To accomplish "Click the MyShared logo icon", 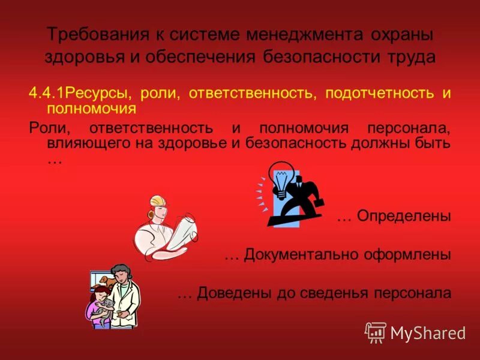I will pos(376,332).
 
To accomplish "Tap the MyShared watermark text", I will pos(428,332).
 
